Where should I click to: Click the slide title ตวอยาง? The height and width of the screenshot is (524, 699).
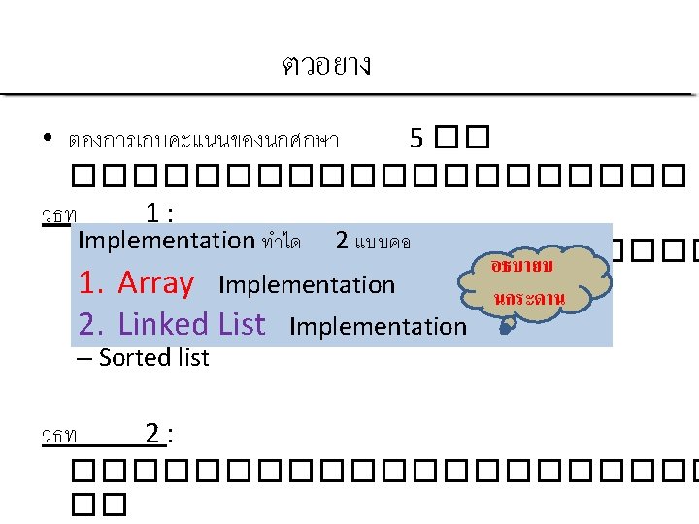point(326,65)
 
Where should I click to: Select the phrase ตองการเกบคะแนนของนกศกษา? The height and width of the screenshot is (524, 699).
point(203,141)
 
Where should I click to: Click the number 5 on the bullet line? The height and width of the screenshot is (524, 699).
point(416,139)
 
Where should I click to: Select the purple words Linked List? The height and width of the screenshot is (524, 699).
point(191,324)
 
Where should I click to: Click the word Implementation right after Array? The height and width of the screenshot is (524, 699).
point(307,285)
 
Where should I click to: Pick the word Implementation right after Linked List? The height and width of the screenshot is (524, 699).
point(378,327)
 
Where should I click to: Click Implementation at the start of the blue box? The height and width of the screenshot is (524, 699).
point(166,240)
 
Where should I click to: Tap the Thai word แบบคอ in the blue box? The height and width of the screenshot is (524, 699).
point(383,241)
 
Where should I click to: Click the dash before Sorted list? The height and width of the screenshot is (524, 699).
point(83,358)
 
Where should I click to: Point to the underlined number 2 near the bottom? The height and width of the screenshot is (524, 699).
point(152,434)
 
